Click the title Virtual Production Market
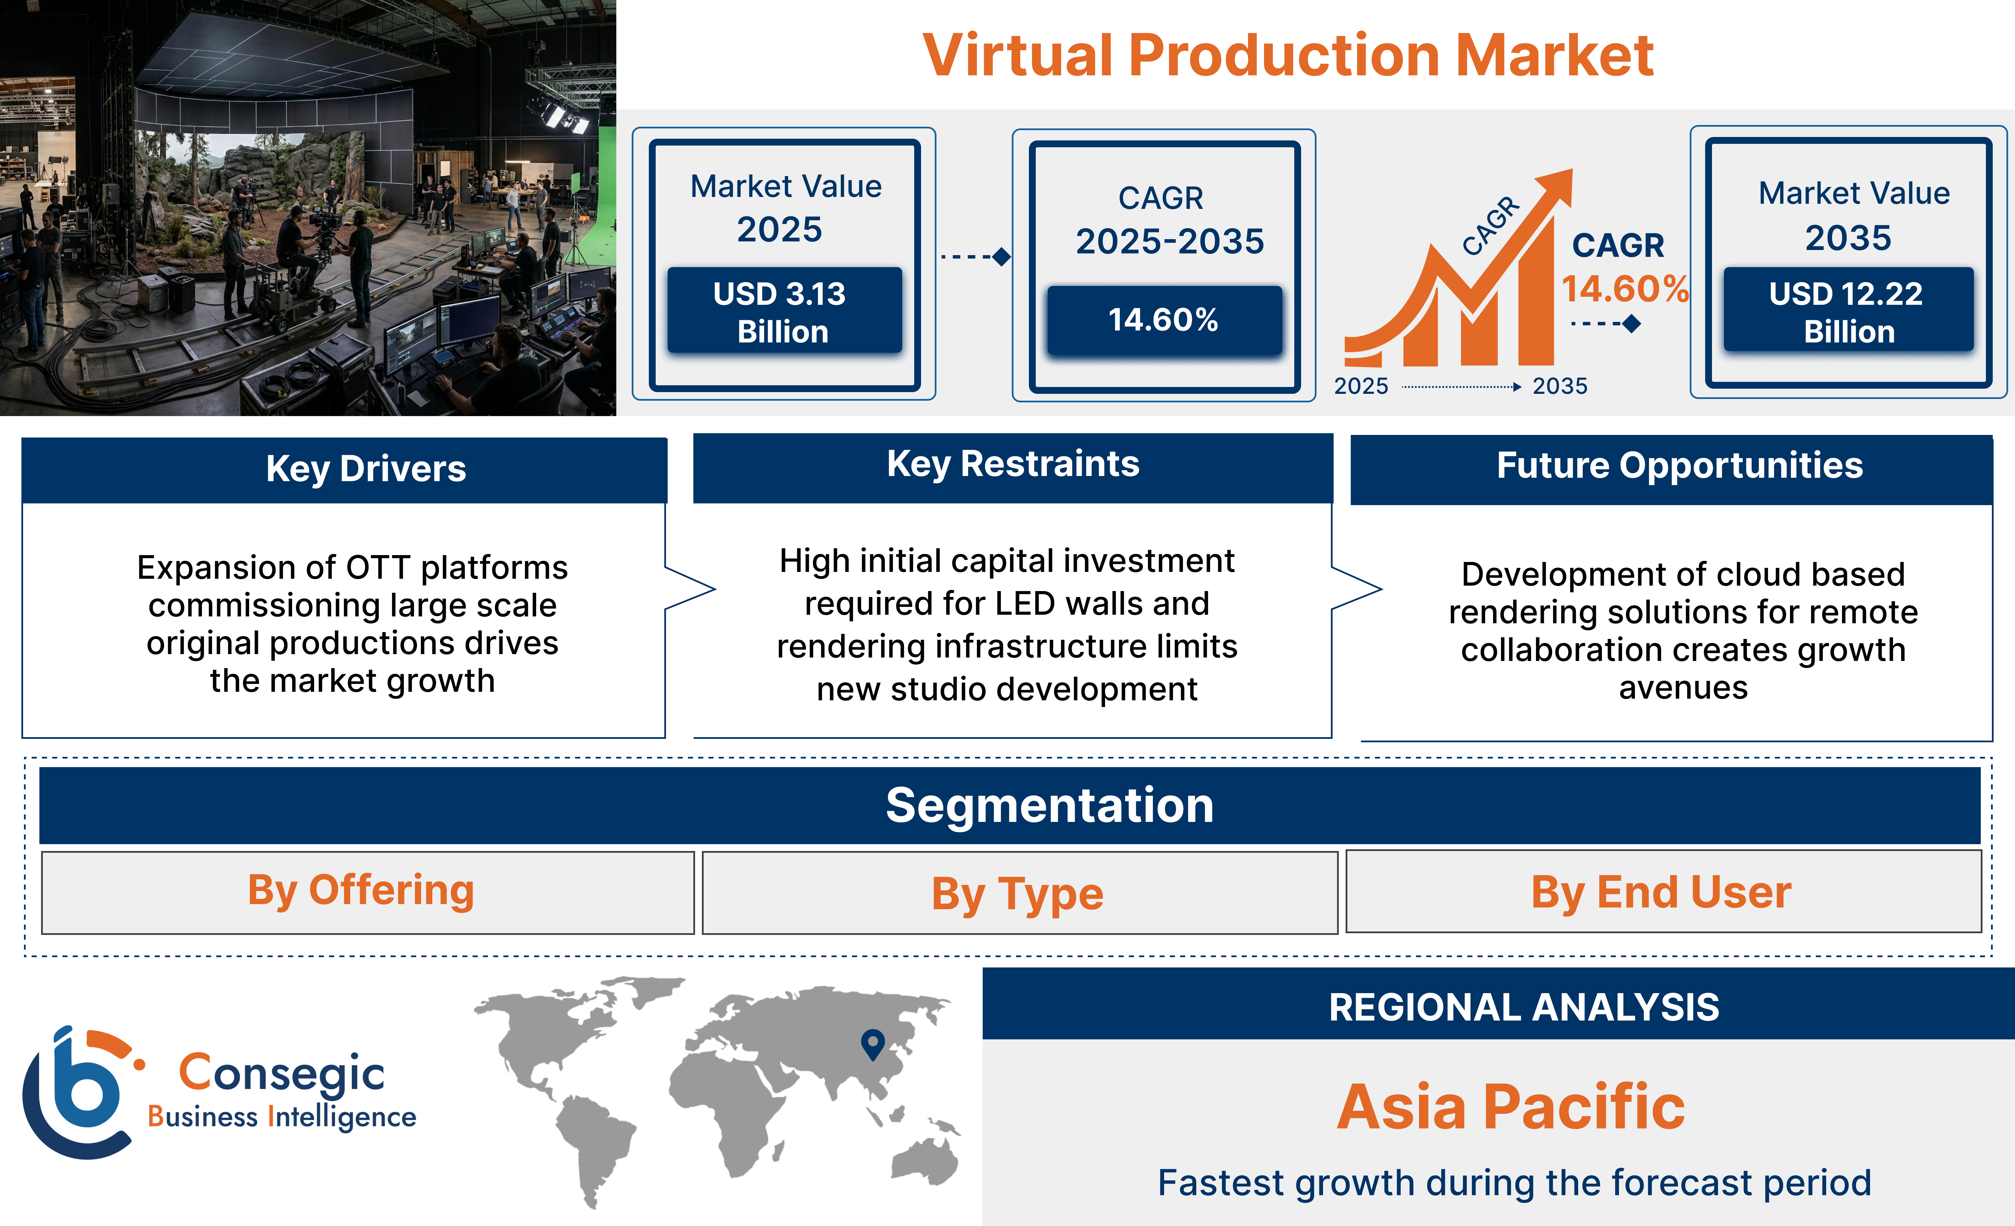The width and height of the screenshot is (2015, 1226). (1288, 56)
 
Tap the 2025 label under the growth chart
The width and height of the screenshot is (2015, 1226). (1361, 386)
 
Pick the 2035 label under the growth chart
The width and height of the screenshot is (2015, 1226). (1560, 386)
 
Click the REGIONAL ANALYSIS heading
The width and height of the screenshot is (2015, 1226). (1523, 1008)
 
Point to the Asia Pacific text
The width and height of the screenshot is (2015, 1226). (1511, 1107)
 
